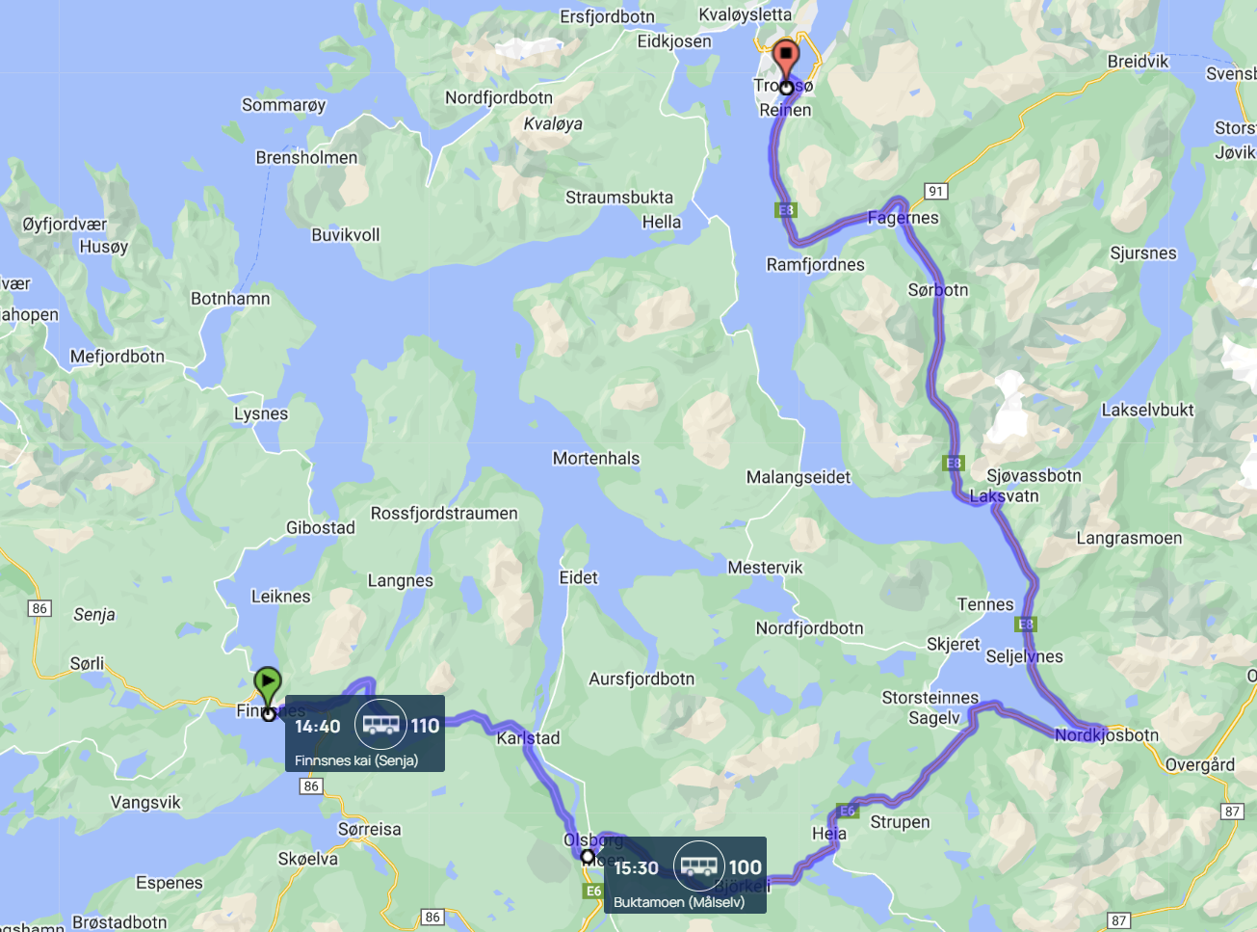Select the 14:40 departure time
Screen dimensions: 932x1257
click(x=318, y=726)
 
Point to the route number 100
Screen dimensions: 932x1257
click(x=745, y=867)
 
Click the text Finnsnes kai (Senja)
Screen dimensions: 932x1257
click(x=356, y=760)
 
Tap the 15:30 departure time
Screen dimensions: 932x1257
click(x=636, y=867)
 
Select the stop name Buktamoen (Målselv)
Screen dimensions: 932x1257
click(x=679, y=902)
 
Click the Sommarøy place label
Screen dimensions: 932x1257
click(x=283, y=105)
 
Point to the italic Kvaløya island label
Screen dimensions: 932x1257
click(x=553, y=123)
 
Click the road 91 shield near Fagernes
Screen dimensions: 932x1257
click(x=935, y=191)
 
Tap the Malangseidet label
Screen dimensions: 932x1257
click(x=799, y=477)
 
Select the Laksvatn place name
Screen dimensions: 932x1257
click(x=1004, y=496)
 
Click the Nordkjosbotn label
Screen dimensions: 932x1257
click(x=1107, y=735)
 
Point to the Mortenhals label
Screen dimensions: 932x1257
click(x=595, y=459)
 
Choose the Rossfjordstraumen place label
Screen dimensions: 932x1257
click(x=444, y=514)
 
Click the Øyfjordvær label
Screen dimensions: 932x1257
click(x=65, y=225)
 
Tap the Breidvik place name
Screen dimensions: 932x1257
click(x=1138, y=62)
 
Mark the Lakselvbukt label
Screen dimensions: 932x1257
click(x=1147, y=410)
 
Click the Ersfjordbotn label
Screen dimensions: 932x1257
click(x=607, y=17)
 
